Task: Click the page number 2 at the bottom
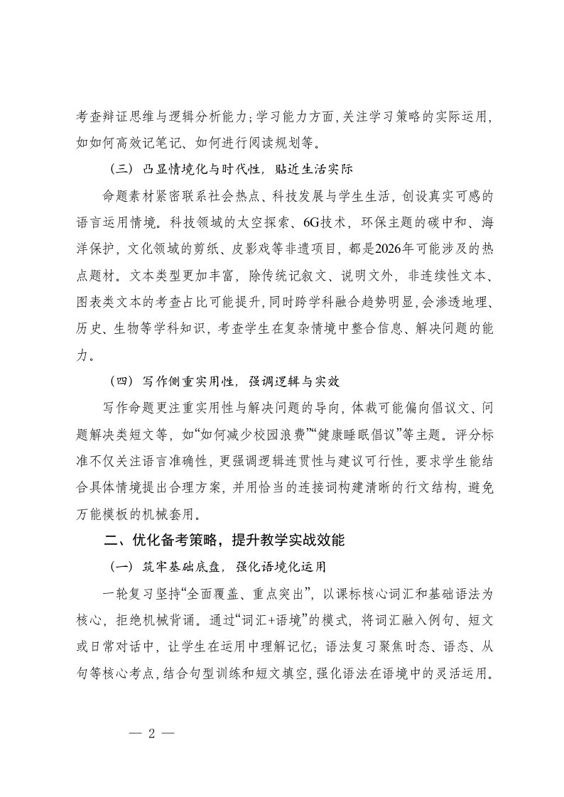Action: click(150, 735)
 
